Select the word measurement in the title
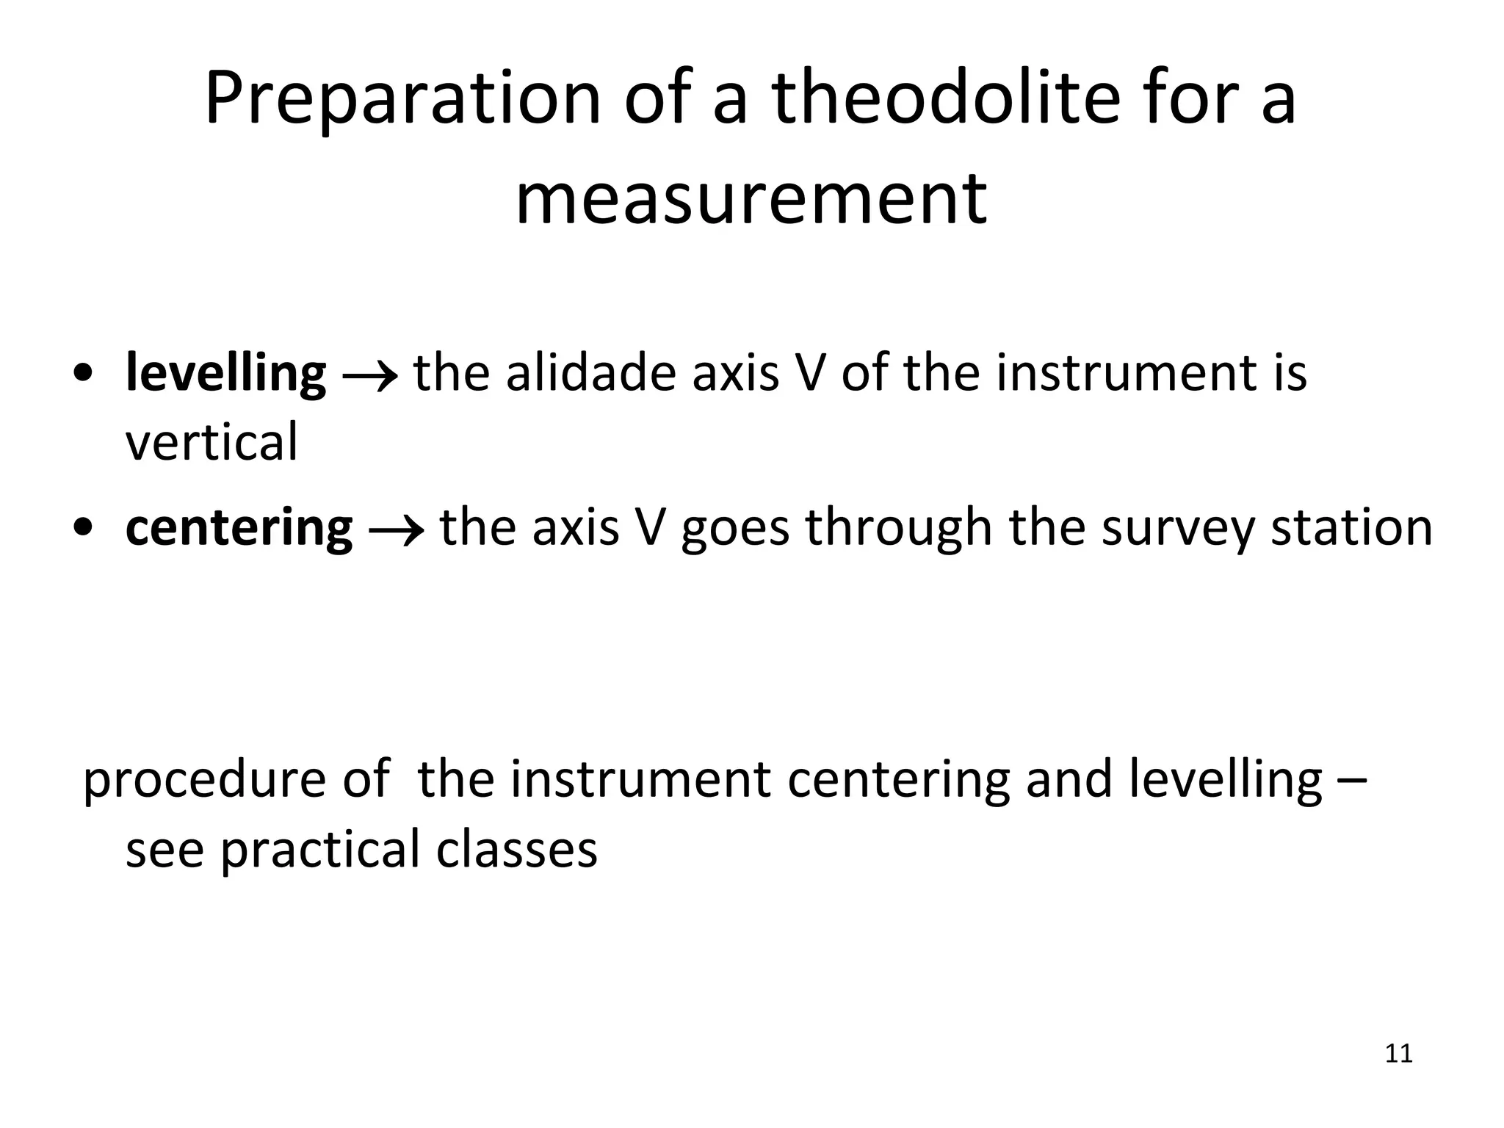click(x=751, y=198)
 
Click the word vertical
click(x=211, y=443)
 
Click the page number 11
click(x=1398, y=1054)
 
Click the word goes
click(x=735, y=530)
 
